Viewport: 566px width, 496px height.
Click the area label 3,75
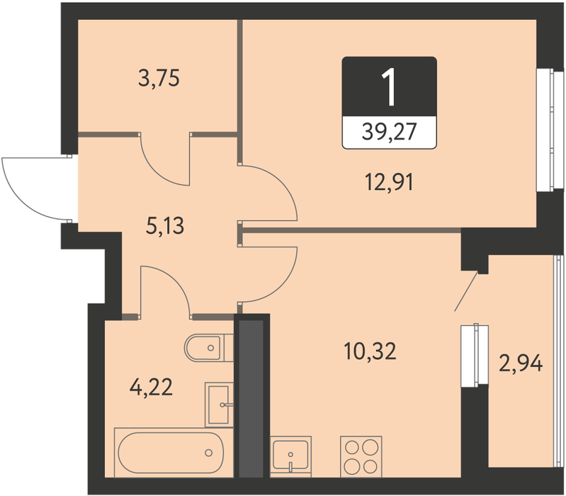tap(159, 79)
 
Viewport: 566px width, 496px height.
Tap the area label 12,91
tap(390, 181)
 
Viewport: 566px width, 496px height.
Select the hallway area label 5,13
tap(165, 226)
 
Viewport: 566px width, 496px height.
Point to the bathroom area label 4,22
tap(151, 388)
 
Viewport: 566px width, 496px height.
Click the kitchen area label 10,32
tap(370, 351)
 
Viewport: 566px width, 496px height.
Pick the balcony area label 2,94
tap(521, 363)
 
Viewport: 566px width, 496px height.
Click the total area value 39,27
tap(390, 131)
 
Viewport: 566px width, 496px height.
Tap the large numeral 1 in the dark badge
tap(390, 88)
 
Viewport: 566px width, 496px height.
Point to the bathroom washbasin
tap(219, 405)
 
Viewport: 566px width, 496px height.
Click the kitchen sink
tap(290, 456)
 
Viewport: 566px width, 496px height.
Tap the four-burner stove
tap(361, 456)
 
